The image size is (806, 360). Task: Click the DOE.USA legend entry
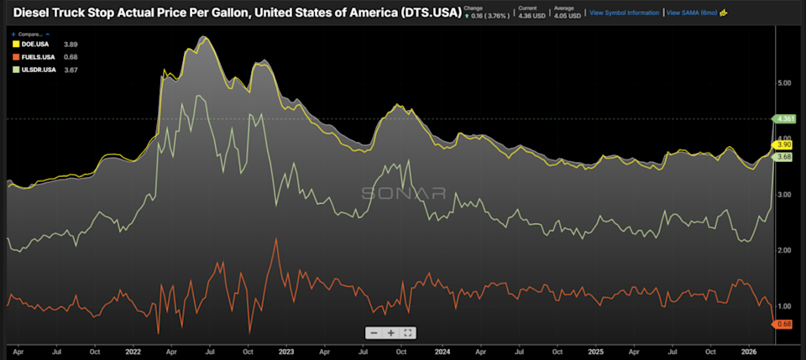click(34, 44)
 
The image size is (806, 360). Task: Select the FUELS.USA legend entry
click(37, 56)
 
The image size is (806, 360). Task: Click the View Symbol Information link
click(623, 13)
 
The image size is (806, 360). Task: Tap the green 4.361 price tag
click(784, 119)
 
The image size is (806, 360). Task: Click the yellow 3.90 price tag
click(782, 145)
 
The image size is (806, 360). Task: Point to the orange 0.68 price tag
click(782, 324)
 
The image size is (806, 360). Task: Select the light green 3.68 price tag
click(782, 157)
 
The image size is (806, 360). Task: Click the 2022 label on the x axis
click(132, 353)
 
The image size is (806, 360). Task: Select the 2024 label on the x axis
click(442, 353)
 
